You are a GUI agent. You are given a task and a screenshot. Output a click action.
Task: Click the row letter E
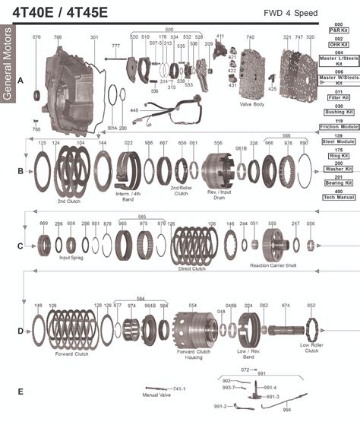click(21, 392)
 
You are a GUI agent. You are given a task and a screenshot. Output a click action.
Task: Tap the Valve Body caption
click(251, 104)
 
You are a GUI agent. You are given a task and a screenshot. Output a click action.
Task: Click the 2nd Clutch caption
click(69, 201)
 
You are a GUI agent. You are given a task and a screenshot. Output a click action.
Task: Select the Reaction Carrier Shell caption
click(270, 266)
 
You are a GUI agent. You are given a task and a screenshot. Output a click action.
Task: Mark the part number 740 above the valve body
click(250, 37)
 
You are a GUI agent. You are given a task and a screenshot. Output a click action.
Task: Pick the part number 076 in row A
click(36, 37)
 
